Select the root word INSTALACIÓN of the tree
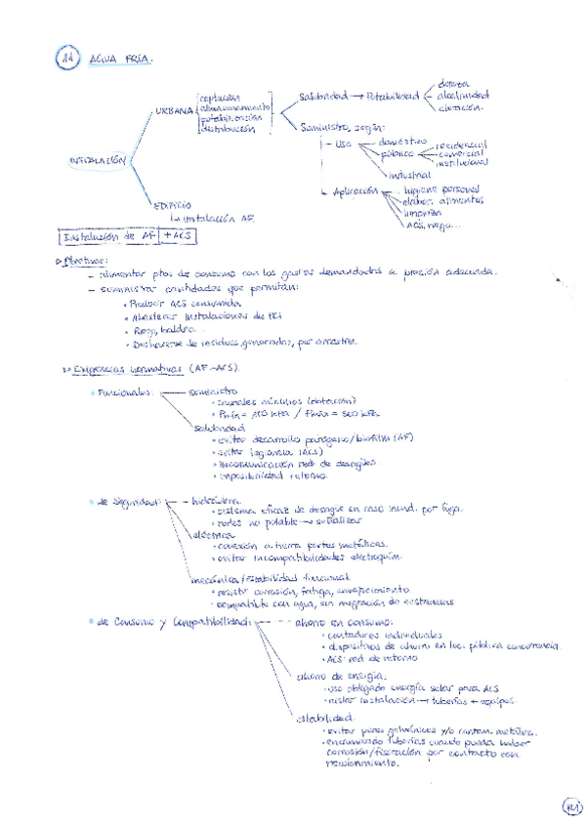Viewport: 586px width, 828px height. click(98, 158)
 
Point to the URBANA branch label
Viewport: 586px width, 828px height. click(173, 112)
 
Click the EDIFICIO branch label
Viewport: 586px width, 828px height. click(174, 204)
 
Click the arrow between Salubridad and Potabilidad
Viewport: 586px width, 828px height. click(356, 97)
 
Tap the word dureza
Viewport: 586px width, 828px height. click(454, 84)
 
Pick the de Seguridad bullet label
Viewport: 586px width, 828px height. click(127, 502)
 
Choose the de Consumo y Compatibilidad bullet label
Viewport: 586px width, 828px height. click(175, 621)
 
